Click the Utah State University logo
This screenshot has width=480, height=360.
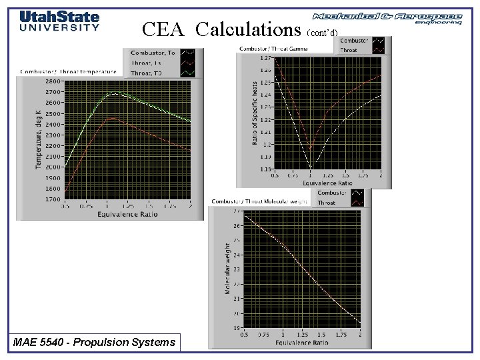(x=59, y=21)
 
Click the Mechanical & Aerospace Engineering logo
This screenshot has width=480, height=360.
(x=387, y=18)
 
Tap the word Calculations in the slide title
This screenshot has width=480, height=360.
(x=249, y=29)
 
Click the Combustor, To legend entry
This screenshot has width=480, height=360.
(x=153, y=53)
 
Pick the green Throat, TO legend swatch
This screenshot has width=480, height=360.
(x=189, y=72)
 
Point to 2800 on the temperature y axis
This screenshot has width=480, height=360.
(x=52, y=81)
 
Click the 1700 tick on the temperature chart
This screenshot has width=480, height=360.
(x=52, y=199)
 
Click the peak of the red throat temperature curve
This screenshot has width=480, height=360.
(x=113, y=119)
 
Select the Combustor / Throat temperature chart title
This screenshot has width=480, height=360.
(x=69, y=71)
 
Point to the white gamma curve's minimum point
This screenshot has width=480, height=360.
(x=311, y=167)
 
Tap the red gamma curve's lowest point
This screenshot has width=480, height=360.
(x=311, y=149)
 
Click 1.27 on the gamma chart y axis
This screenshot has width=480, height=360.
(x=265, y=58)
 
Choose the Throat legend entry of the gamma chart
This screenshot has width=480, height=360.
(x=349, y=50)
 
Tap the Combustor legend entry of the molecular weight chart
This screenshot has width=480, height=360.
(x=331, y=193)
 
